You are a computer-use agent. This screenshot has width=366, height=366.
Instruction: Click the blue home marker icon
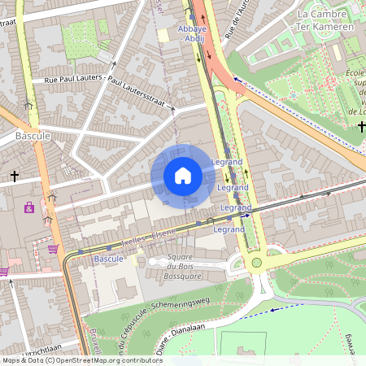[183, 176]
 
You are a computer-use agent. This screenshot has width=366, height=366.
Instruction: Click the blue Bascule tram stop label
[108, 259]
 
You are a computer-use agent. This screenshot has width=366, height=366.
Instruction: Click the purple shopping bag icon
[29, 207]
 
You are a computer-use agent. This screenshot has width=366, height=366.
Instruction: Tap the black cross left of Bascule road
[14, 176]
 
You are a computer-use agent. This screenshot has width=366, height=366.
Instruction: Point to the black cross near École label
[361, 126]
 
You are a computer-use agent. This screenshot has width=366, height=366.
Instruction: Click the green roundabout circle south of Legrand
[256, 262]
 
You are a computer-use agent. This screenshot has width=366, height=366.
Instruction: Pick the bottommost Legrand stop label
[229, 229]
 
